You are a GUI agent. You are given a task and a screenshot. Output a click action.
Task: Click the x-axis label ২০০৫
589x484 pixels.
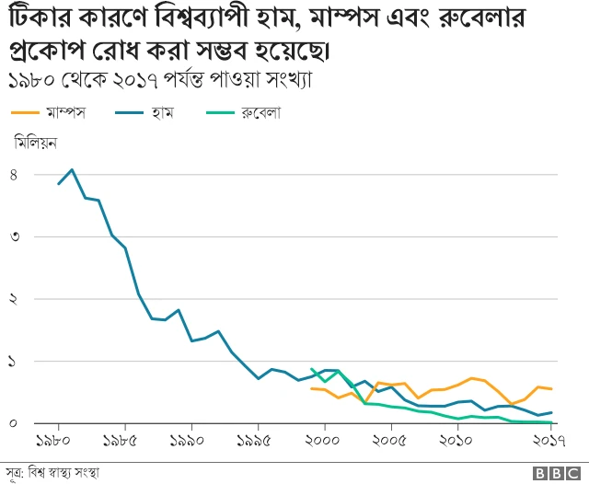click(x=392, y=441)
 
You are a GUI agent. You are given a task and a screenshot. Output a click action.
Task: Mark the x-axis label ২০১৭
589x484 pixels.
click(x=551, y=441)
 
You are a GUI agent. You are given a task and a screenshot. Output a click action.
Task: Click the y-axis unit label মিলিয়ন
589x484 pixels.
click(x=36, y=143)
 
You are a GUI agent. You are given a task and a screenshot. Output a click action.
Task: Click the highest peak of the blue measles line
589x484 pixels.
click(x=72, y=169)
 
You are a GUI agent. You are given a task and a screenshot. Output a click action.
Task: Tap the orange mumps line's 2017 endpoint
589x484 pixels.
click(x=551, y=389)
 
